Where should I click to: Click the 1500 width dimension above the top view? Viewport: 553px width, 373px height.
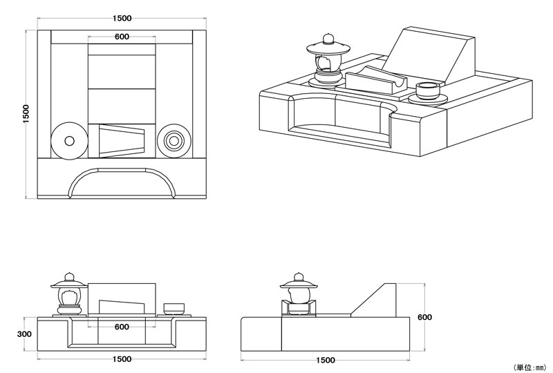121,18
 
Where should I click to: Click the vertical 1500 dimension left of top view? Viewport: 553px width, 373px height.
26,114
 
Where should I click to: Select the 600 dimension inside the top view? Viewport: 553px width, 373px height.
122,37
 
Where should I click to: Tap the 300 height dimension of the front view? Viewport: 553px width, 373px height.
25,334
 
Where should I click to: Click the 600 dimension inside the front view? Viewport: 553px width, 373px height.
122,327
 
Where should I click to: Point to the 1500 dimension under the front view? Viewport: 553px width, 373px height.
122,359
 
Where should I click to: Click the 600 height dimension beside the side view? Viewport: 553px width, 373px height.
425,318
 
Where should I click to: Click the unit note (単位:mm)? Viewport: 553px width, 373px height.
528,367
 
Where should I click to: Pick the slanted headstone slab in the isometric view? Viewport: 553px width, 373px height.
429,55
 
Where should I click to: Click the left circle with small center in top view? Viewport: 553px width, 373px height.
69,141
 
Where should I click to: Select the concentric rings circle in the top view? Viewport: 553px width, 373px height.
173,141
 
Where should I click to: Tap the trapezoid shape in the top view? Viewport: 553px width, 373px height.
122,141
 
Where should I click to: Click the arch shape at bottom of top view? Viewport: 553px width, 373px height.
122,181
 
